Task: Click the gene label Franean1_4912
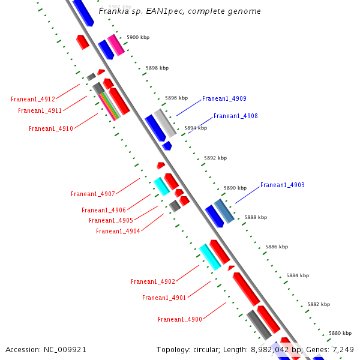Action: point(33,99)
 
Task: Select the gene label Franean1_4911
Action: point(40,110)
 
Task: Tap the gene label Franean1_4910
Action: point(51,128)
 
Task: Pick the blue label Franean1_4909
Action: point(224,98)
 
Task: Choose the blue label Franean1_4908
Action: point(235,116)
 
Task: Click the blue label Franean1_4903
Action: point(282,185)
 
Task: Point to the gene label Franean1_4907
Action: point(93,194)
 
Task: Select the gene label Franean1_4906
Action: point(104,210)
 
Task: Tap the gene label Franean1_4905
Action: point(111,220)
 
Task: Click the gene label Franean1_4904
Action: point(118,231)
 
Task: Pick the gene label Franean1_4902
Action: point(153,281)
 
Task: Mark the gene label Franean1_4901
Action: point(164,298)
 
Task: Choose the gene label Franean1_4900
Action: point(180,319)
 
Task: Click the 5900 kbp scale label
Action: point(138,37)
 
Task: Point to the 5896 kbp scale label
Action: point(176,98)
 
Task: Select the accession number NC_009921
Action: point(66,349)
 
